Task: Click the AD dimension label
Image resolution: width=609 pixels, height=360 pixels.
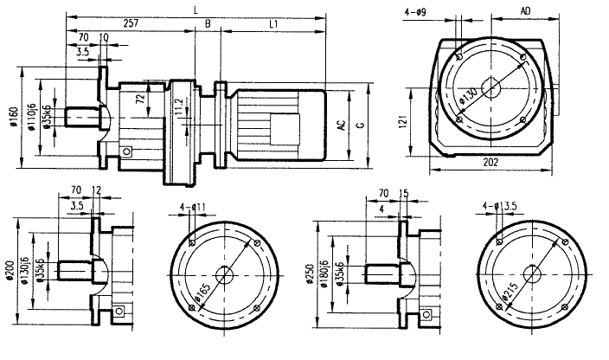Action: coord(525,10)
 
